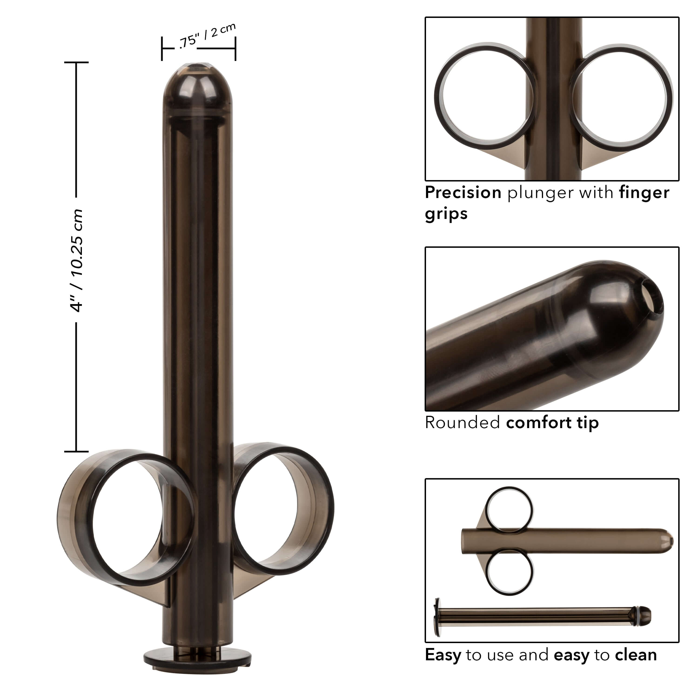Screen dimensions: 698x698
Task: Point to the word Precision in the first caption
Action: pyautogui.click(x=463, y=193)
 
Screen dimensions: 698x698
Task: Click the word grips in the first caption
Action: pyautogui.click(x=446, y=214)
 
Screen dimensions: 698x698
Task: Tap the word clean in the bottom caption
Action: pyautogui.click(x=636, y=655)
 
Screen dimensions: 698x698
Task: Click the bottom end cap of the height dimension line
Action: pyautogui.click(x=77, y=451)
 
